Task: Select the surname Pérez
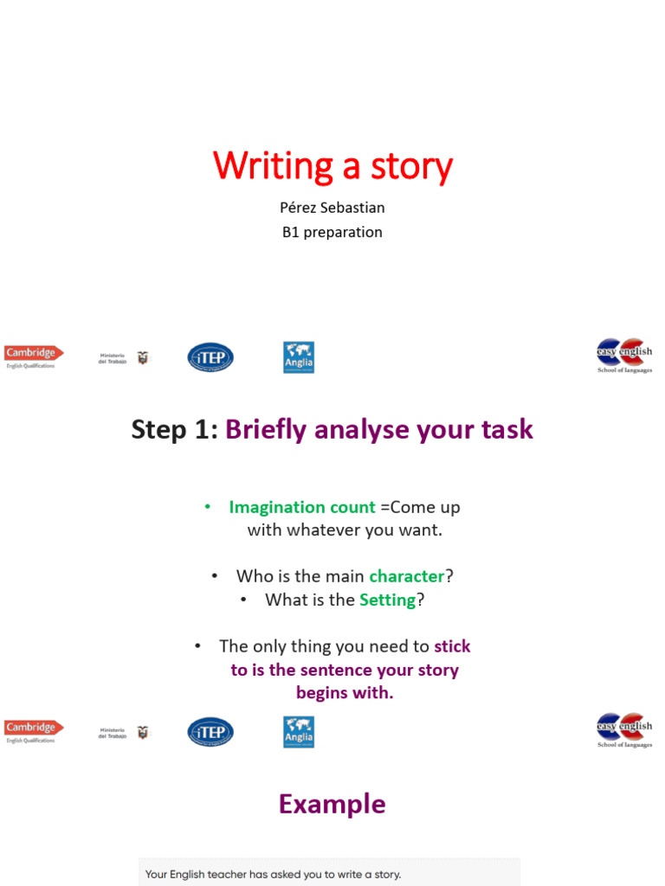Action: click(300, 208)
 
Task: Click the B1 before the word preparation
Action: click(291, 232)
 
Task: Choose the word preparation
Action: click(343, 232)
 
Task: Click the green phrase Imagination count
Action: click(302, 507)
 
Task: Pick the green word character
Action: click(406, 576)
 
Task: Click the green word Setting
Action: click(388, 600)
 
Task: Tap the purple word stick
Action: click(452, 646)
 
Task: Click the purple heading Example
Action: click(332, 804)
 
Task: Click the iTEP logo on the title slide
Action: click(210, 357)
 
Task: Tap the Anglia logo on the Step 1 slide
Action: click(299, 732)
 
